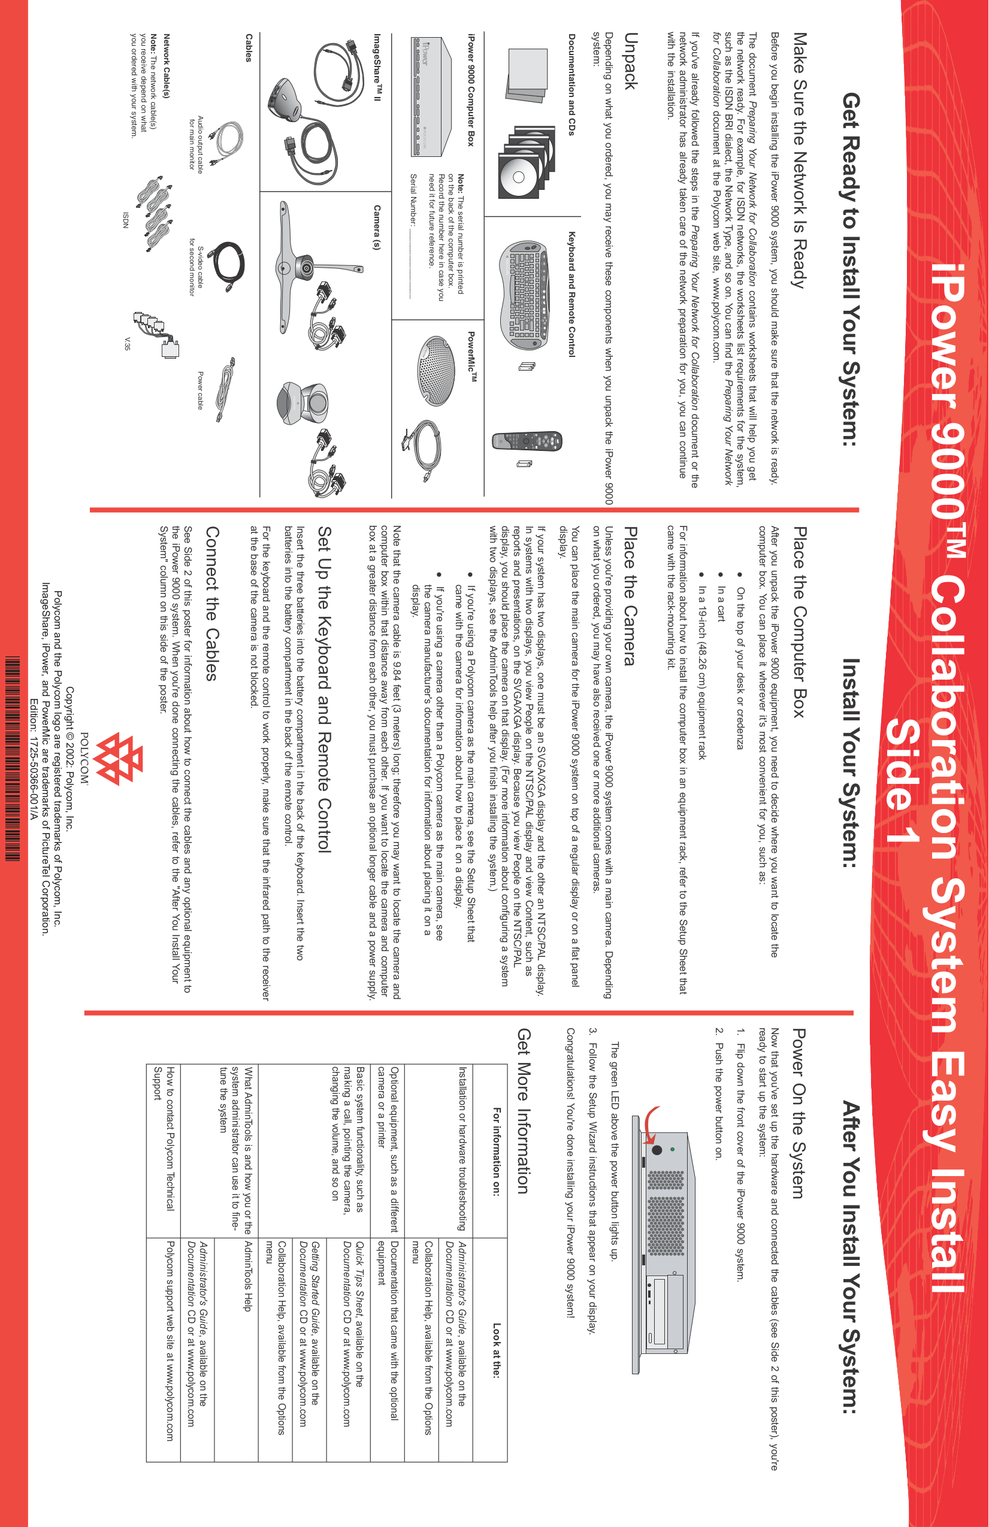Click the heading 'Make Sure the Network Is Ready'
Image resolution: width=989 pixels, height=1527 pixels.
tap(799, 160)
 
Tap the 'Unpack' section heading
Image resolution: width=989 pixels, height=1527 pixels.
tap(630, 60)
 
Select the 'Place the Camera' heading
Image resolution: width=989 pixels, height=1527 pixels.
tap(630, 596)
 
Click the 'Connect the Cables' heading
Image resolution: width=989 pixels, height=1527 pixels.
tap(212, 603)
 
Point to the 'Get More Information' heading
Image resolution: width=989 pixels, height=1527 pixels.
tap(523, 1111)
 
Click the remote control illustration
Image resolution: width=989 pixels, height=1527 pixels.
tap(527, 441)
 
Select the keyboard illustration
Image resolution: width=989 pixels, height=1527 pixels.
tap(524, 296)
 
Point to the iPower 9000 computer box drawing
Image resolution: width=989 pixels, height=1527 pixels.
tap(427, 96)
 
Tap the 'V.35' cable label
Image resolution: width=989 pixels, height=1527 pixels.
tap(126, 343)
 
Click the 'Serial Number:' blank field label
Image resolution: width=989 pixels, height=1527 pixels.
tap(413, 199)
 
